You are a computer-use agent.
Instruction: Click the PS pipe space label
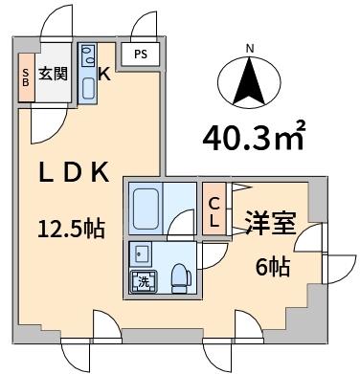coord(141,55)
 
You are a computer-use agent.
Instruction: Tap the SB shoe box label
coord(26,77)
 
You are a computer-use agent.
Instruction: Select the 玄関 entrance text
coord(54,74)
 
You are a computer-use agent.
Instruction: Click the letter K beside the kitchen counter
coord(104,75)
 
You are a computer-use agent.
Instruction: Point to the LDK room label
coord(74,172)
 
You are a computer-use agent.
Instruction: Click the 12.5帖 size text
coord(71,229)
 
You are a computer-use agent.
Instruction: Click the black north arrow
coord(249,82)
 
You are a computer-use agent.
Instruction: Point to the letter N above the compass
coord(250,49)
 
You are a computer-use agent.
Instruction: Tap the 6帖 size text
coord(273,267)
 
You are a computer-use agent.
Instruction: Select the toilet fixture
coord(181,278)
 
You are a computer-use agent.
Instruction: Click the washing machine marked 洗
coord(144,282)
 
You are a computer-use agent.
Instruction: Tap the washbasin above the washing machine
coord(143,253)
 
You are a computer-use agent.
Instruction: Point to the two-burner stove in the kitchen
coord(88,55)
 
